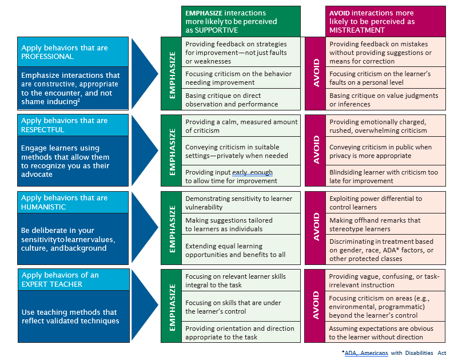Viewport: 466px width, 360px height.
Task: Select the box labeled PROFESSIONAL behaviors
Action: click(x=72, y=53)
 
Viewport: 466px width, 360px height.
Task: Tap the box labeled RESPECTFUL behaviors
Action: click(x=72, y=125)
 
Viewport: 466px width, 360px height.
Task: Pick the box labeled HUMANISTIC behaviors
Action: click(x=72, y=202)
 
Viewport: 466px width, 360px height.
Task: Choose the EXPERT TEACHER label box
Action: click(x=72, y=279)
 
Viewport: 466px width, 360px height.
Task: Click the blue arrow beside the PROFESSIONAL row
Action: click(x=144, y=73)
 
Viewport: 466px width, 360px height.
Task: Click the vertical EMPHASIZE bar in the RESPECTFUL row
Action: click(x=172, y=151)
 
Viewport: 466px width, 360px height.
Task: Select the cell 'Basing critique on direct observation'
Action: click(x=241, y=100)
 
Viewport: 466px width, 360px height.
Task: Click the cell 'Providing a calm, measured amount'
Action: click(x=241, y=126)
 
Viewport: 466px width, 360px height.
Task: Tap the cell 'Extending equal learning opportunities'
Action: click(x=241, y=250)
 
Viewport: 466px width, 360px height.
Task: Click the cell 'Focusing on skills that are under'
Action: click(x=241, y=307)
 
